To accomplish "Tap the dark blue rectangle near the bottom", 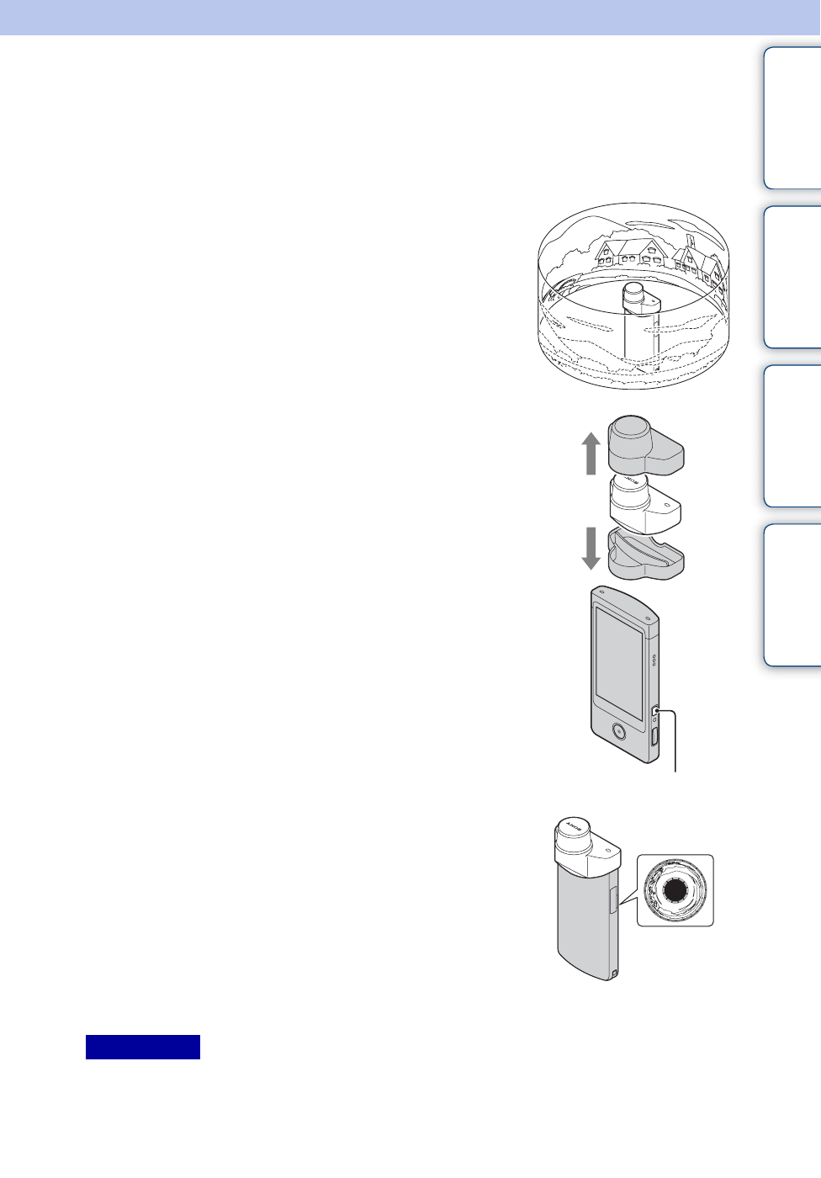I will pyautogui.click(x=143, y=1047).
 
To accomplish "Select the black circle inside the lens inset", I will pyautogui.click(x=675, y=891).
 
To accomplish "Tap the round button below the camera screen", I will pyautogui.click(x=618, y=730).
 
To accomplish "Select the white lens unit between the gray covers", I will pyautogui.click(x=644, y=505).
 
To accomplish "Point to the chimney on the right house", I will pyautogui.click(x=689, y=241).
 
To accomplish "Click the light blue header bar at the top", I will pyautogui.click(x=410, y=17).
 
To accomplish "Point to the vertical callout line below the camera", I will pyautogui.click(x=675, y=745).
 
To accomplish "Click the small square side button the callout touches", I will pyautogui.click(x=655, y=712).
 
